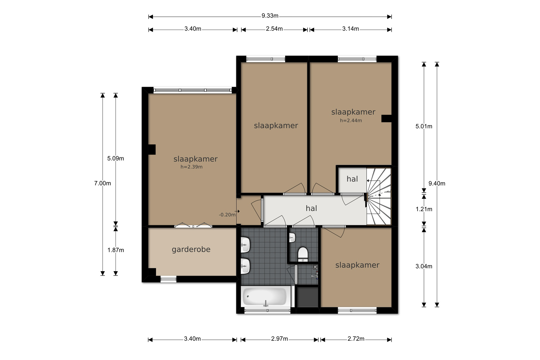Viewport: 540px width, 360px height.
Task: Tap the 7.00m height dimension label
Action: point(103,183)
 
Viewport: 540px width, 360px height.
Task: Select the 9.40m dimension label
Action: point(437,184)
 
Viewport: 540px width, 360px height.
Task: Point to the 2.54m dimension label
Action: point(274,29)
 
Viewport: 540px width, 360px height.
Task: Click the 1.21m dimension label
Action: point(424,209)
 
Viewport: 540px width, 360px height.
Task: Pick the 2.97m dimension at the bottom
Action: point(279,339)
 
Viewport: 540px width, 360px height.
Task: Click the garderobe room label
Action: point(191,250)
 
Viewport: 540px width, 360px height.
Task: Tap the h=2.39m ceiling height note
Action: point(191,167)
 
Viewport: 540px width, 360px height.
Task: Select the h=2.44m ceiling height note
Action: point(351,121)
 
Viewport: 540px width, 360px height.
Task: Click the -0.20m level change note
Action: point(227,215)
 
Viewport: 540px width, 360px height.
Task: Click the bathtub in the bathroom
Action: point(264,297)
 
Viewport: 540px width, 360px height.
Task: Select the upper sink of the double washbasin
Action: point(245,245)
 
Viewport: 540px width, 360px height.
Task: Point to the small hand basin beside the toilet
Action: point(292,238)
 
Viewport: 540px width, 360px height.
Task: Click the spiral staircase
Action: point(379,196)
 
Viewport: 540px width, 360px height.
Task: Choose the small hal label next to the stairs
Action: point(352,179)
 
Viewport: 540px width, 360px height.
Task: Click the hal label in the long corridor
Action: point(311,208)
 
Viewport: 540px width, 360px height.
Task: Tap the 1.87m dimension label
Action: point(115,250)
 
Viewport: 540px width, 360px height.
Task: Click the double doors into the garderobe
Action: point(193,225)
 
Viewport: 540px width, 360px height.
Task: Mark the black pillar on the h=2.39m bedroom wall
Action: point(152,150)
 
